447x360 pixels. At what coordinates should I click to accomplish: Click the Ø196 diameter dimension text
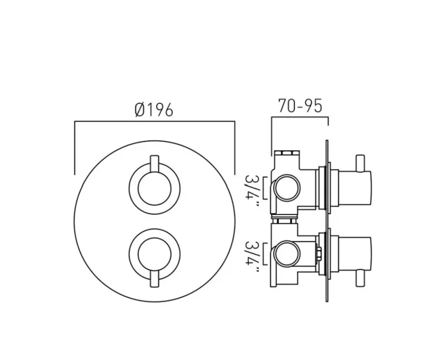click(154, 110)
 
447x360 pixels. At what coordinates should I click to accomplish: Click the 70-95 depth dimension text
click(299, 105)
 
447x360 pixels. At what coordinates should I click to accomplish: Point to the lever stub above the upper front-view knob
click(154, 162)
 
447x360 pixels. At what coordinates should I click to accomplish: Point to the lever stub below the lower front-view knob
click(154, 282)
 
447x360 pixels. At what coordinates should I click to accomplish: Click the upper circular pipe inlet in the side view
click(286, 189)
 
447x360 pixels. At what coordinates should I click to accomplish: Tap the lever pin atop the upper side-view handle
click(363, 163)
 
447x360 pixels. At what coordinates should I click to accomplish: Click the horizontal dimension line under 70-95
click(299, 118)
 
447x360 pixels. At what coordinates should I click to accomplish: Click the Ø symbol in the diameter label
click(140, 110)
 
